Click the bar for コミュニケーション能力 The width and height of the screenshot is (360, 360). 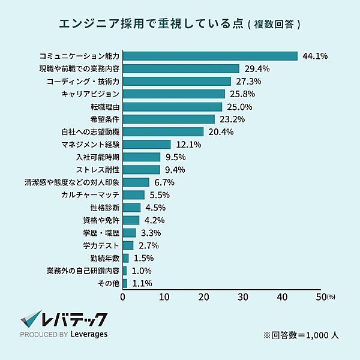(x=210, y=56)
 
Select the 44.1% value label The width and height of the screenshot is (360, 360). (x=315, y=56)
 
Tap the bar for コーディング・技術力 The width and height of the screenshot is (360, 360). (x=177, y=81)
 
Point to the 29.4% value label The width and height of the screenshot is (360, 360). (x=257, y=69)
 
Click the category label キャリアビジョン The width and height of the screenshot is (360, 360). (x=91, y=94)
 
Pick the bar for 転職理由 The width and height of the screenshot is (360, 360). (x=172, y=107)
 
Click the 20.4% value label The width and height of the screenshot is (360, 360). (x=221, y=132)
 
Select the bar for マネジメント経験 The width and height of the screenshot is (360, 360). (x=147, y=145)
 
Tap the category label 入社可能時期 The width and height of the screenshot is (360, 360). (x=98, y=157)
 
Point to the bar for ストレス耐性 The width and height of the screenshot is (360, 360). (x=142, y=170)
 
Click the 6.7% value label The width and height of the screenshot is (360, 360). (x=164, y=182)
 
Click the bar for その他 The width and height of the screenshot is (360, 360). (x=125, y=283)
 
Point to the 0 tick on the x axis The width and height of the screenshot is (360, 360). (x=123, y=296)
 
